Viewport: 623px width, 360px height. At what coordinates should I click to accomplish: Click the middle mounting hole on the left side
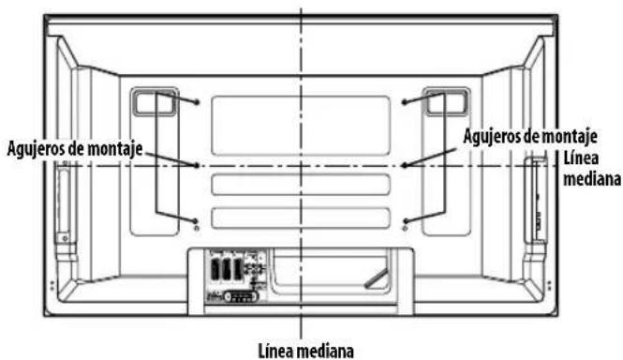coord(196,166)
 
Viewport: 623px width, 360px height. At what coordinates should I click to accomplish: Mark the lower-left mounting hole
coord(196,226)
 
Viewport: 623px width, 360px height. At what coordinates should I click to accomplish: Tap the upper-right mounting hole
coord(404,101)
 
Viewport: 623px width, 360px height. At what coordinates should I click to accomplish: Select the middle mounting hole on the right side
coord(404,166)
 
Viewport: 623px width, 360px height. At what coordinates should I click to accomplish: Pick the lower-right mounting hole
coord(405,226)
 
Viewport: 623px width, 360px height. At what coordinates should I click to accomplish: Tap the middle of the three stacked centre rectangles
coord(300,185)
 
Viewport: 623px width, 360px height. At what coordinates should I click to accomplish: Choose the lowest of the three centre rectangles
coord(300,217)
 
